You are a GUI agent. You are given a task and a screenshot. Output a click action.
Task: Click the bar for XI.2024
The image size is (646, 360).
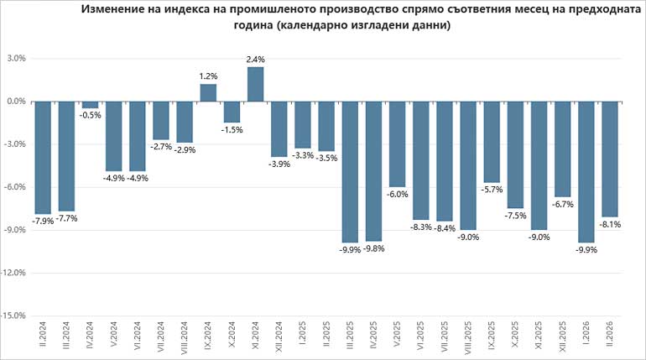click(256, 84)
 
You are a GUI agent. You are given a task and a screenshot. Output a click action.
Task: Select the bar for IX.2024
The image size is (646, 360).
click(208, 93)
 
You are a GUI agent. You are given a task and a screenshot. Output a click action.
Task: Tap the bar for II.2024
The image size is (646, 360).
click(42, 157)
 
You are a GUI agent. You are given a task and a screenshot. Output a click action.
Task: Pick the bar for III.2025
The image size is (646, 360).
click(351, 171)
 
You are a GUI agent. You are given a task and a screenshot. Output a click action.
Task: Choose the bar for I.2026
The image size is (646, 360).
click(587, 171)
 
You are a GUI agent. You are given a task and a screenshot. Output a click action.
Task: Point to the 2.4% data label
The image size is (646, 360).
click(256, 59)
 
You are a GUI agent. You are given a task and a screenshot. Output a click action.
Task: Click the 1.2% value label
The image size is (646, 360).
click(208, 76)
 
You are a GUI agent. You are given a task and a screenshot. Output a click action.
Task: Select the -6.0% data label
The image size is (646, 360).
click(398, 195)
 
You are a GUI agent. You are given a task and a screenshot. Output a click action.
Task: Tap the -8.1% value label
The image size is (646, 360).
click(611, 225)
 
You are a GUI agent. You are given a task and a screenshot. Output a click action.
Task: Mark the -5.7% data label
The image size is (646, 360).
click(492, 190)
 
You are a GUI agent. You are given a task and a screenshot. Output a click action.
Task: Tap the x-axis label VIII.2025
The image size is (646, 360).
click(469, 339)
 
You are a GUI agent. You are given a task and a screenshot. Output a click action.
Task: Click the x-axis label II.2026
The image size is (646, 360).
click(611, 341)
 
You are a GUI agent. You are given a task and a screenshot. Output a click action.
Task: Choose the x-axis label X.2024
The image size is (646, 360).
click(232, 341)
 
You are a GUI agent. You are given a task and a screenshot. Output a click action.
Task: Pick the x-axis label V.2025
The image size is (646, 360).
click(398, 341)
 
